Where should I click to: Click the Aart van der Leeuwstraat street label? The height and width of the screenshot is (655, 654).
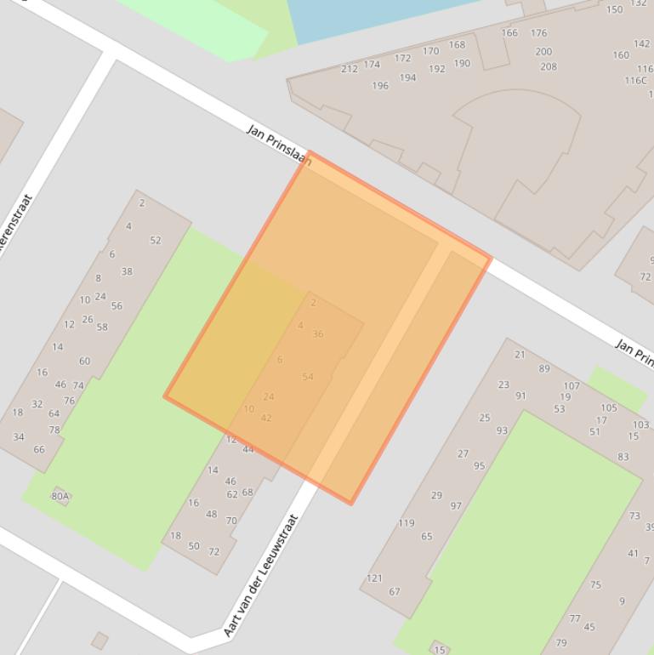261,576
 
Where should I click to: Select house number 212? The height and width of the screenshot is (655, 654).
350,69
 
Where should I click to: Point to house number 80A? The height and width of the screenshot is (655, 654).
60,496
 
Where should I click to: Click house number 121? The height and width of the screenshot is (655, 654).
374,578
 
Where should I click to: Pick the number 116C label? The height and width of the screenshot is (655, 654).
636,81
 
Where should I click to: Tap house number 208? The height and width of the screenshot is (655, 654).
549,66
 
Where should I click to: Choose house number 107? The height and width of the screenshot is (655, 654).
572,385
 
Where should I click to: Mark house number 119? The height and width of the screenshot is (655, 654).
407,523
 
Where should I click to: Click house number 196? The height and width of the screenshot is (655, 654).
380,85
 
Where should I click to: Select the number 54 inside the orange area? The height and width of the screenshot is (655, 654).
308,377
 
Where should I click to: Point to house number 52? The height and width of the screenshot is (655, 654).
156,241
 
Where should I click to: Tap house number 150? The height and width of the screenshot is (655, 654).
614,10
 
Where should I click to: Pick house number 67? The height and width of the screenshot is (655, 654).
395,592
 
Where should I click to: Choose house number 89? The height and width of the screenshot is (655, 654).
544,368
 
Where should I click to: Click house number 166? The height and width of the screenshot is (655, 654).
509,33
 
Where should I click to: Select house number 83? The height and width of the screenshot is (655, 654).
623,457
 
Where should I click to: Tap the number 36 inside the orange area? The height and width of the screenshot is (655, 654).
318,334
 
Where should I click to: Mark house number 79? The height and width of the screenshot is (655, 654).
561,643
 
